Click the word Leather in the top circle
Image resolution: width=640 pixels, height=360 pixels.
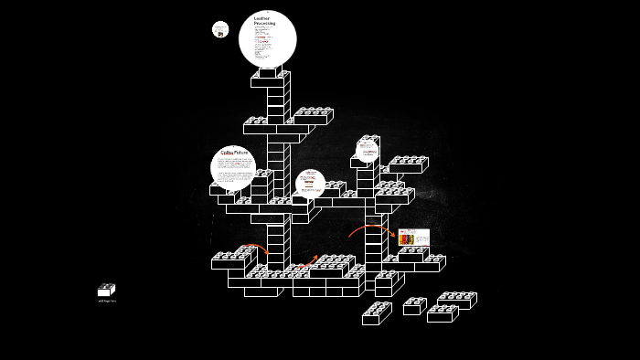click(261, 17)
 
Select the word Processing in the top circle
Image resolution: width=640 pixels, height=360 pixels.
click(264, 23)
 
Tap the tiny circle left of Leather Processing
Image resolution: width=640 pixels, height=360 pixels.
click(220, 29)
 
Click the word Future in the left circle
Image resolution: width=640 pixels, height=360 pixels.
click(240, 152)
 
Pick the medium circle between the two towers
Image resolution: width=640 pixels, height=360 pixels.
click(310, 183)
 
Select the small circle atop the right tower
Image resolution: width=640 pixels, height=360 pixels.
click(368, 150)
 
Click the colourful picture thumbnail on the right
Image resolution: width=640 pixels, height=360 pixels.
click(413, 238)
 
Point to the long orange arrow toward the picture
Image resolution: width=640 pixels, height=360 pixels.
click(370, 228)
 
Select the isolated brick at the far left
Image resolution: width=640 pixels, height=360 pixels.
click(106, 290)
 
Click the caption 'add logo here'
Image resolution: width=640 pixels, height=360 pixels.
click(107, 301)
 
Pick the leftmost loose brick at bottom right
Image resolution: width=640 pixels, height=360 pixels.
click(376, 313)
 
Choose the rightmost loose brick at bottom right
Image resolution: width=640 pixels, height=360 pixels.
click(456, 300)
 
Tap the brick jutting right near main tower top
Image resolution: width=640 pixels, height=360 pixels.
click(313, 116)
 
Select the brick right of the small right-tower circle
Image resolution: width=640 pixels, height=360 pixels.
click(407, 164)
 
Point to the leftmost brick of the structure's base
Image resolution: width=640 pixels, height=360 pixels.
click(228, 260)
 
